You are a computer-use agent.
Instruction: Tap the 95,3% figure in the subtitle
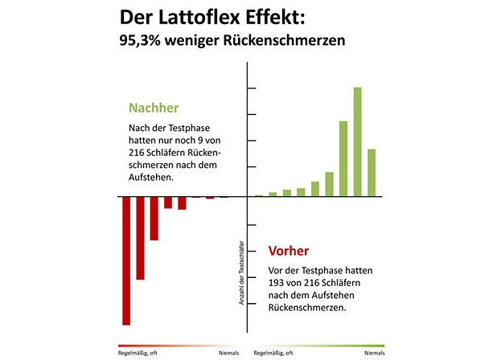pos(140,41)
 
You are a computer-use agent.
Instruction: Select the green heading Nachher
pos(154,108)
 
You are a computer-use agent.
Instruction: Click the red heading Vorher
pos(289,251)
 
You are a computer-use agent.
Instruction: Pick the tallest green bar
pos(357,141)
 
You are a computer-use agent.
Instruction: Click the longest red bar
pos(126,260)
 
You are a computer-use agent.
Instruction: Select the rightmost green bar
pos(372,172)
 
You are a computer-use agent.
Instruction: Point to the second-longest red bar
pos(140,238)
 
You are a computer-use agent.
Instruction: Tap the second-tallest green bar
pos(343,158)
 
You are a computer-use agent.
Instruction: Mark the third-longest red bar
pos(154,218)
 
